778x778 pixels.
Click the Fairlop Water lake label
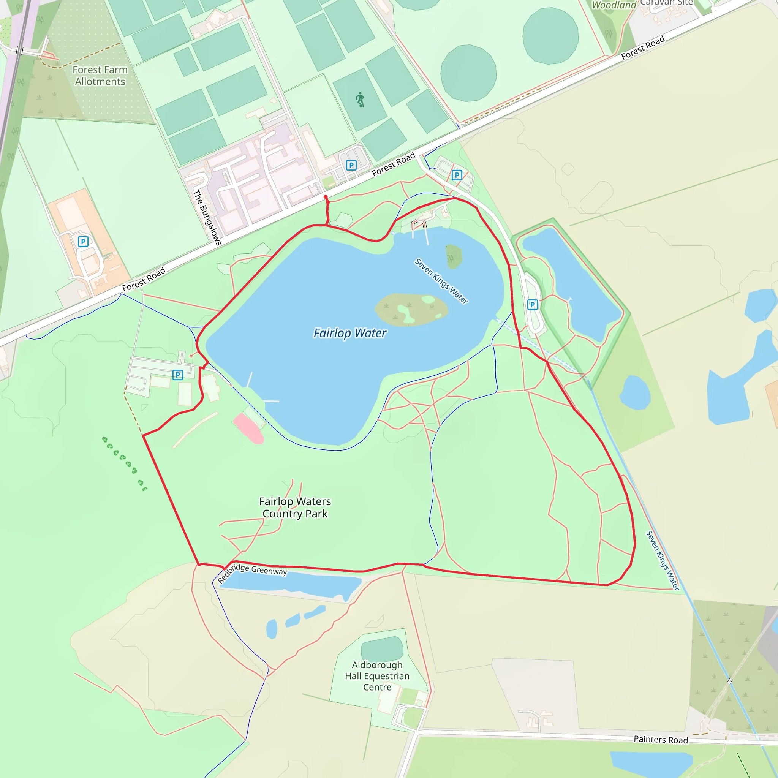tap(349, 334)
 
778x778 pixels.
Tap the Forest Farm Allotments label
tap(100, 76)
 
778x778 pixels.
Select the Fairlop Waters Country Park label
tap(295, 508)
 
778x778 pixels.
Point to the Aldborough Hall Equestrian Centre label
tap(377, 676)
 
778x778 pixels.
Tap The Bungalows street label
tap(207, 217)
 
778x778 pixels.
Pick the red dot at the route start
tap(326, 197)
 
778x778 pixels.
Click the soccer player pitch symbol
tap(360, 99)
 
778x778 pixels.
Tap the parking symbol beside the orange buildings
tap(83, 242)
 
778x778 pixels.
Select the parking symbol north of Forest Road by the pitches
tap(351, 165)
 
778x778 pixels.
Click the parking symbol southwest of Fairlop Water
tap(177, 375)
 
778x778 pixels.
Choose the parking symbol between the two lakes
tap(532, 305)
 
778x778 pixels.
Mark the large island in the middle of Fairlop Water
tap(411, 309)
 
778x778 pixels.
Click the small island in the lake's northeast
tap(454, 256)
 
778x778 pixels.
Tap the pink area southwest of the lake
tap(248, 429)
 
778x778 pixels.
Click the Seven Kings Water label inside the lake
tap(441, 281)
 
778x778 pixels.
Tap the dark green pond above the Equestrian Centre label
tap(382, 649)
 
